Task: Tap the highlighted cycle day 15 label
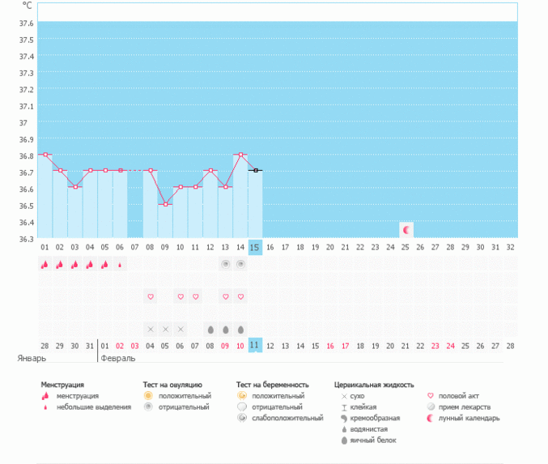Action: [255, 246]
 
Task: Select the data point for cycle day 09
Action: [165, 204]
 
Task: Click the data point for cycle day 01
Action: [45, 154]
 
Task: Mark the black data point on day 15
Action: [255, 170]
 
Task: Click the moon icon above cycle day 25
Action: [406, 230]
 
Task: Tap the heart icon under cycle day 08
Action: [151, 297]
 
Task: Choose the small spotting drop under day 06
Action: [121, 264]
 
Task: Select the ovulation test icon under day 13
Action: [225, 264]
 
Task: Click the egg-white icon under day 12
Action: [210, 330]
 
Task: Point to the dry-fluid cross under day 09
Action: [165, 330]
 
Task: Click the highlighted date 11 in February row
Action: [255, 345]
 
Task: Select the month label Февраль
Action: [118, 357]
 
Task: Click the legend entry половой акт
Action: [457, 396]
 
